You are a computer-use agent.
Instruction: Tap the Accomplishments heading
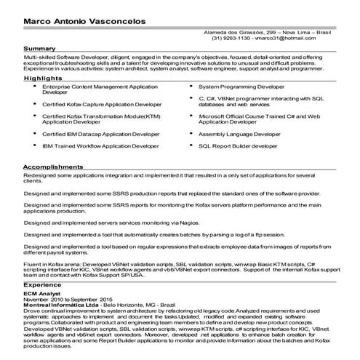point(52,167)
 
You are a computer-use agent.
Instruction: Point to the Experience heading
point(41,286)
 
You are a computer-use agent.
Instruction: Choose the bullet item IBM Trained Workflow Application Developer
point(100,145)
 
